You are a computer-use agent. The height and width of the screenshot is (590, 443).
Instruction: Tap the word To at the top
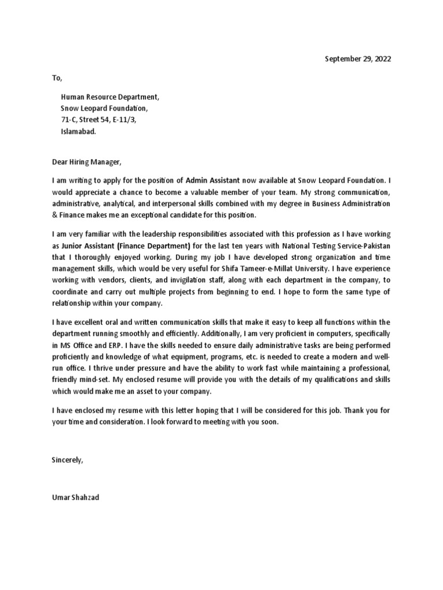pyautogui.click(x=57, y=78)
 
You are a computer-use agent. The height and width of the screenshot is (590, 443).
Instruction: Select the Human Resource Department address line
pyautogui.click(x=110, y=97)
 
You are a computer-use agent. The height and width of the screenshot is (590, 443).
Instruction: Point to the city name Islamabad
pyautogui.click(x=79, y=131)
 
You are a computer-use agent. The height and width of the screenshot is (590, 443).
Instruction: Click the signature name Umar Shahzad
pyautogui.click(x=76, y=497)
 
